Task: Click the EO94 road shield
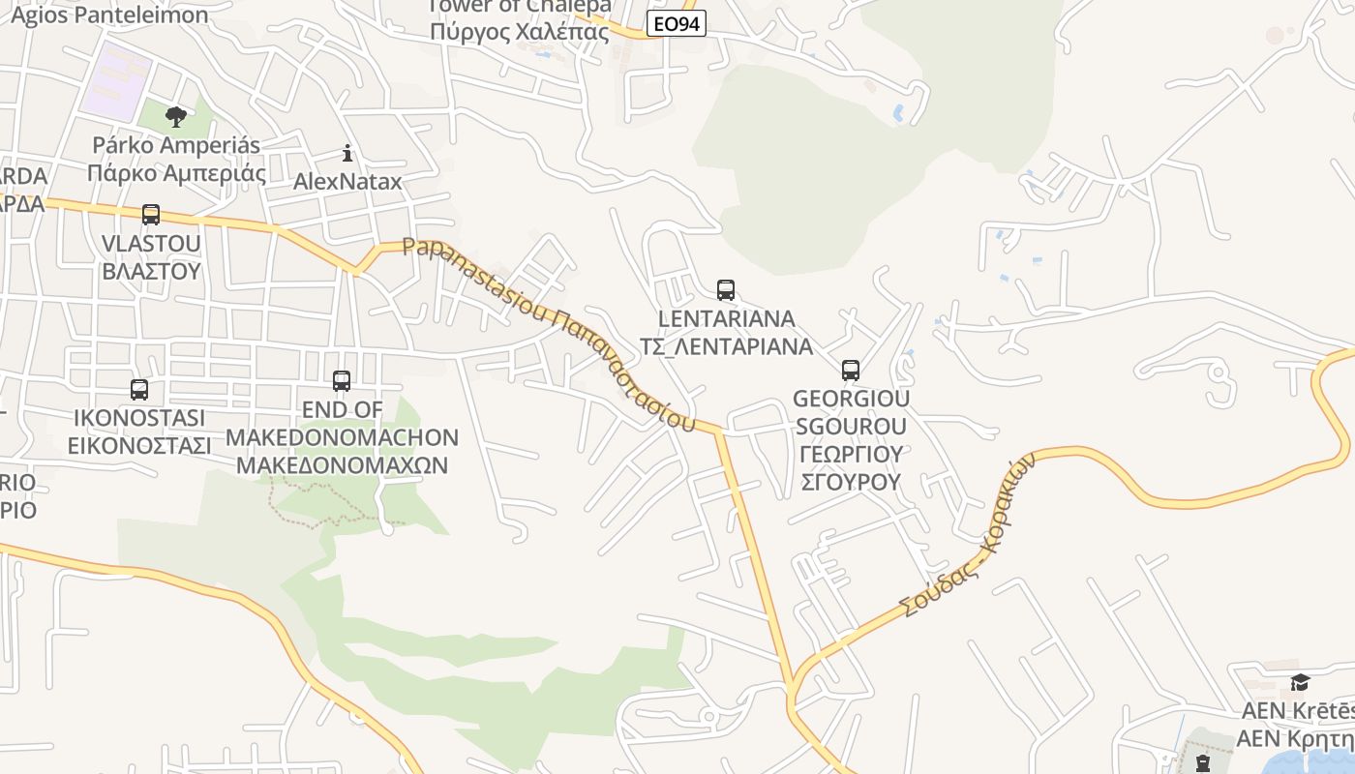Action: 676,23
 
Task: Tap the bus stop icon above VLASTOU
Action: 151,215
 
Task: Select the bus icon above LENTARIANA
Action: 726,289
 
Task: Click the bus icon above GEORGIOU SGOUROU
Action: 851,370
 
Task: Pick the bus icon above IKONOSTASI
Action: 139,390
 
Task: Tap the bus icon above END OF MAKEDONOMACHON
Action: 342,381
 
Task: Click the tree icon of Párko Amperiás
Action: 176,117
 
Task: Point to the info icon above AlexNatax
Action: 347,153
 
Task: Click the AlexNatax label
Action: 347,181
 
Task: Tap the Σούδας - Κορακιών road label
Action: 968,535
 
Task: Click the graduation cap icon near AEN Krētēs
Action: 1300,682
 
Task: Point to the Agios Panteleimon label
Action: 109,15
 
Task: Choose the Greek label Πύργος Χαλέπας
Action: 520,31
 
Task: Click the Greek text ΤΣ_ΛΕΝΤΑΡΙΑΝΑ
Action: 726,345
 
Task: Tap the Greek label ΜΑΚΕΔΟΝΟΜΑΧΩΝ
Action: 342,464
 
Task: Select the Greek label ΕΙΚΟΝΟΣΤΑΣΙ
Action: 139,445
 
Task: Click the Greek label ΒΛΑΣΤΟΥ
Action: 151,270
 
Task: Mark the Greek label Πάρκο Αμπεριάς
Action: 176,173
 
